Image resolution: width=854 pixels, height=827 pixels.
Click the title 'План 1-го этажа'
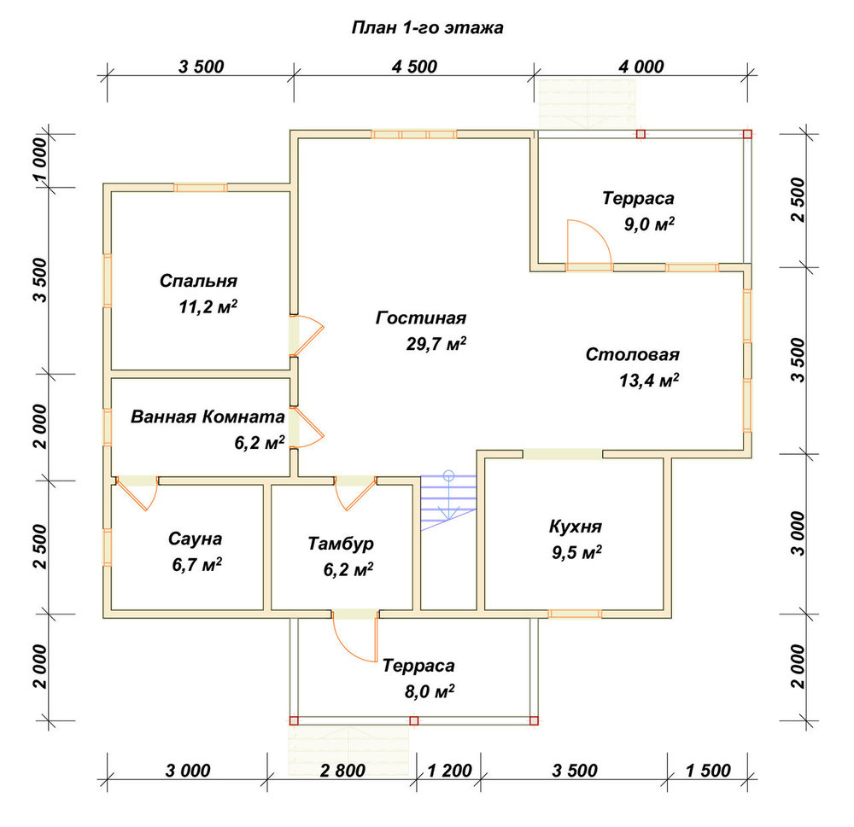point(427,27)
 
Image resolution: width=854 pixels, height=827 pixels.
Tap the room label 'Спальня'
point(198,281)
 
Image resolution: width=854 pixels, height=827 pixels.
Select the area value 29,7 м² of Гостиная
point(436,344)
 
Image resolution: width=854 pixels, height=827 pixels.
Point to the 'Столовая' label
point(632,354)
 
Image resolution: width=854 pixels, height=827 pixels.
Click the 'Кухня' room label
point(575,527)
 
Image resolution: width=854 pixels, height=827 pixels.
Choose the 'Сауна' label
point(195,539)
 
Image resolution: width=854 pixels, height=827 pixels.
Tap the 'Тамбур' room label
point(341,544)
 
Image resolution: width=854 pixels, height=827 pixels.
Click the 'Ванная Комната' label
point(208,417)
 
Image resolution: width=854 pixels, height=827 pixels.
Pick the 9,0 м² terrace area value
point(649,224)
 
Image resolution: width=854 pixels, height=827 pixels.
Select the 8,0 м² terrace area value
point(430,691)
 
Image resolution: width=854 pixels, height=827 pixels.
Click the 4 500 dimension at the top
point(414,67)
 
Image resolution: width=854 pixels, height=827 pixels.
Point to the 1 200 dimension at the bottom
point(449,771)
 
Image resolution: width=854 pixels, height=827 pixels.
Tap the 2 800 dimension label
point(342,771)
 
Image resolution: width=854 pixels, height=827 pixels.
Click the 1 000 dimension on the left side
point(40,160)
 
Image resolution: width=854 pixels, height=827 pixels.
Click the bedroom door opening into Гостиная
point(307,335)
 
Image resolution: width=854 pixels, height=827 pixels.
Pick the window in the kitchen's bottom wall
point(575,614)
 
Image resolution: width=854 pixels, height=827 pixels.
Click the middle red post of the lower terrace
point(414,721)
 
